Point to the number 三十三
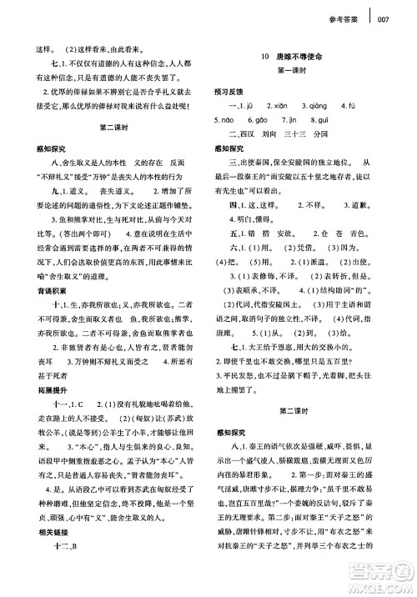(308, 133)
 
